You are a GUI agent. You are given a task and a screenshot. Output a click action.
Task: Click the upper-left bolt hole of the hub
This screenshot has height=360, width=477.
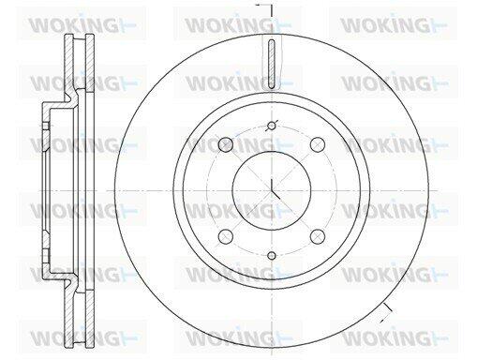(226, 144)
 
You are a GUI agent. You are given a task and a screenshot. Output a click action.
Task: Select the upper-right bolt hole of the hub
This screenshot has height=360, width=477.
(318, 144)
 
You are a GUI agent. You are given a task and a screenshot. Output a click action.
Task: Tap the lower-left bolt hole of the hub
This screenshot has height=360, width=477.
(226, 236)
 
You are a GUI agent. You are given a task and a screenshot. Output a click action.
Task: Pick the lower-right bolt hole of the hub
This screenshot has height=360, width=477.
(318, 236)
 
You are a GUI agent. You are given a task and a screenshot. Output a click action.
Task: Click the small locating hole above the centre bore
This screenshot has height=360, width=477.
(272, 126)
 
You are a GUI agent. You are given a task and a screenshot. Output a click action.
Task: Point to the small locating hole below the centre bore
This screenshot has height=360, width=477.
(272, 256)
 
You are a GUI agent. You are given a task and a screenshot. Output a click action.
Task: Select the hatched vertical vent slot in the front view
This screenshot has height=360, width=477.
(272, 64)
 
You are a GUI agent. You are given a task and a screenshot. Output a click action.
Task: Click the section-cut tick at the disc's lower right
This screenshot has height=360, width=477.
(386, 313)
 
